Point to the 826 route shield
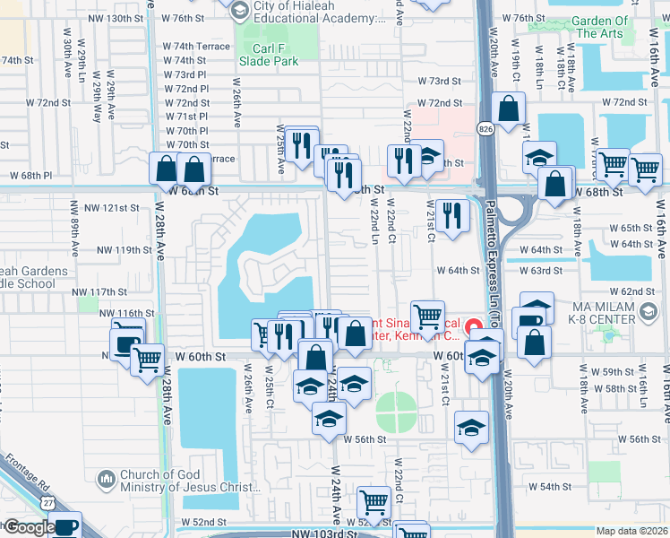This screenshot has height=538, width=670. (485, 130)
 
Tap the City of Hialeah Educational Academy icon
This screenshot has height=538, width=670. (238, 10)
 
